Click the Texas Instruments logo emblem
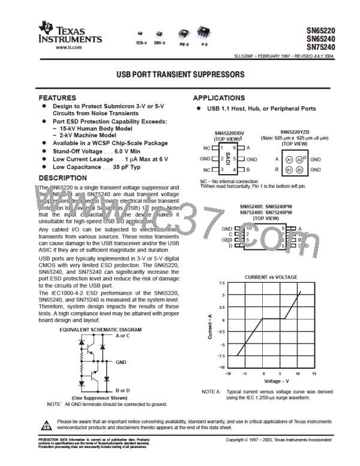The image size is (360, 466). click(46, 27)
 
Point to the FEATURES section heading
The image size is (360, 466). click(57, 97)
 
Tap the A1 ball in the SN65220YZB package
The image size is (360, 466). click(289, 159)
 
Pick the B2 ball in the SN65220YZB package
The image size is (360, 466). click(299, 171)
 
